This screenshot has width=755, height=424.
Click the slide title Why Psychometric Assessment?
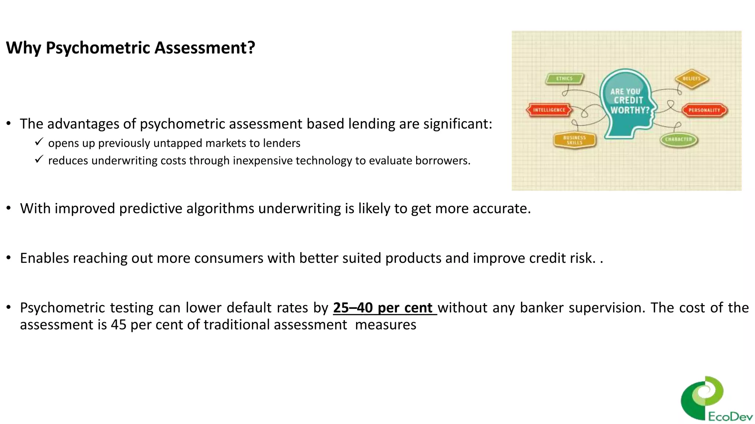pyautogui.click(x=131, y=48)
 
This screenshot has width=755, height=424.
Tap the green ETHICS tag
pyautogui.click(x=564, y=78)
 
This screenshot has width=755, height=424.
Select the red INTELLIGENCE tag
pyautogui.click(x=549, y=110)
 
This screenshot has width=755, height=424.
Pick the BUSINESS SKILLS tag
pyautogui.click(x=574, y=140)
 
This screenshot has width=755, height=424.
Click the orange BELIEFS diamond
pyautogui.click(x=692, y=79)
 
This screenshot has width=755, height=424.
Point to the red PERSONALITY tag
pyautogui.click(x=704, y=110)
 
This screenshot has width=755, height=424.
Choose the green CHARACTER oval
pyautogui.click(x=678, y=139)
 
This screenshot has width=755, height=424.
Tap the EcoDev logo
pyautogui.click(x=715, y=399)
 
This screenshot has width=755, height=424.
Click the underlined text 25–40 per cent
pyautogui.click(x=383, y=308)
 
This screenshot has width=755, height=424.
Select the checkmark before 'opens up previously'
pyautogui.click(x=39, y=142)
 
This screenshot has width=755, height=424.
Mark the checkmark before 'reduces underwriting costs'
pyautogui.click(x=39, y=159)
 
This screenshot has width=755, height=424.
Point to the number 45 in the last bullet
pyautogui.click(x=118, y=325)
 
